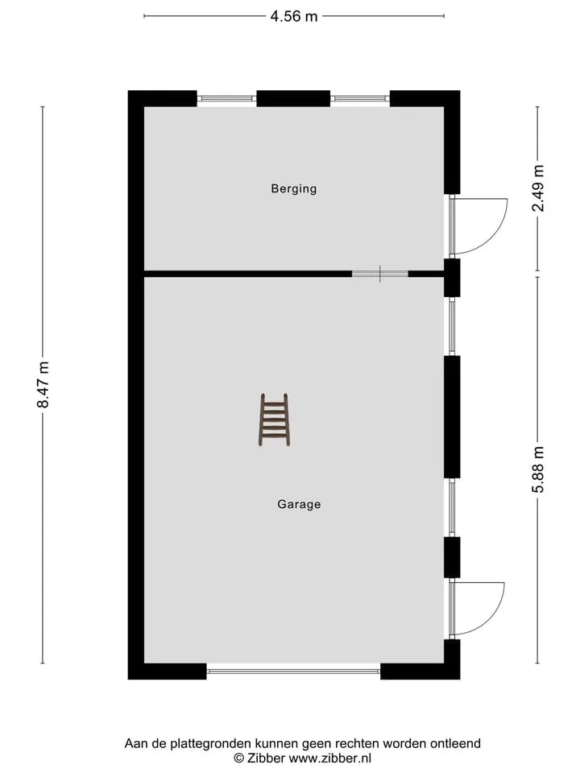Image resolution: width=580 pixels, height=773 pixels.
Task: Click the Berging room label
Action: click(x=293, y=188)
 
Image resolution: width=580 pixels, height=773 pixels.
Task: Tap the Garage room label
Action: click(x=299, y=504)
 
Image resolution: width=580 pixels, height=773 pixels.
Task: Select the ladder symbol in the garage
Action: click(x=274, y=420)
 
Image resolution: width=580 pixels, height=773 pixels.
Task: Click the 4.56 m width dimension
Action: click(x=293, y=16)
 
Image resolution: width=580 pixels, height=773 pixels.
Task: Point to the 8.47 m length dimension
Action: click(x=43, y=385)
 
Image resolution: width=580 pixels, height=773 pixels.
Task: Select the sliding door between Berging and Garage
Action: click(x=379, y=274)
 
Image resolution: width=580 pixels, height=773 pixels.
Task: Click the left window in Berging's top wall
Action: click(x=227, y=98)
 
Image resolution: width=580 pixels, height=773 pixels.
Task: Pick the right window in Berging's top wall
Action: click(x=360, y=98)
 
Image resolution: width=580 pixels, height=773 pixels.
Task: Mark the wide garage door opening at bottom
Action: click(x=293, y=671)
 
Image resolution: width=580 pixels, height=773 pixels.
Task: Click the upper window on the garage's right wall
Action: click(x=452, y=326)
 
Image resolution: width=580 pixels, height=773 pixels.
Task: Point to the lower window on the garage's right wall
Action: click(x=452, y=508)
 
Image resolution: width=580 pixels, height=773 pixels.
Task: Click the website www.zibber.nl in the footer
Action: click(x=330, y=759)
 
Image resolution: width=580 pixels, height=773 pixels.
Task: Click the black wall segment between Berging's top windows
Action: click(x=293, y=98)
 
